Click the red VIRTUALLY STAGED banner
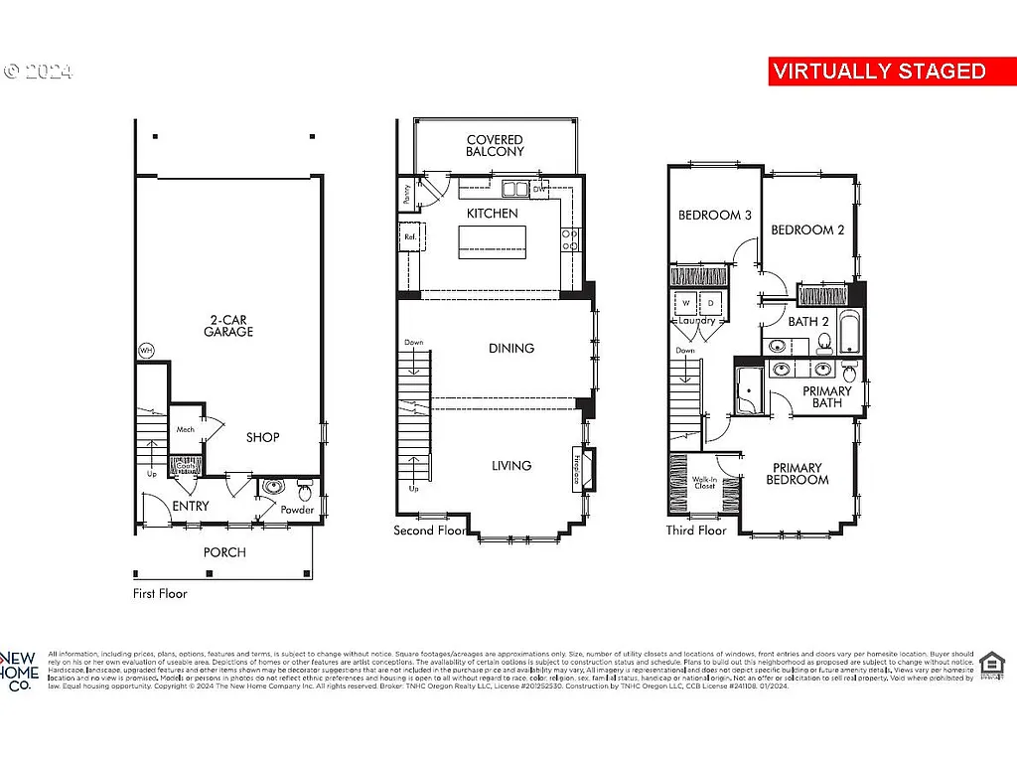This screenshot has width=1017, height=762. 879,72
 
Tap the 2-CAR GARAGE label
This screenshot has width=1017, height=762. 229,326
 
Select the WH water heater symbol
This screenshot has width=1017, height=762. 146,351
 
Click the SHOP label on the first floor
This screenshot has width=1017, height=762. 262,437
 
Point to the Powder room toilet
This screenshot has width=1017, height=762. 305,491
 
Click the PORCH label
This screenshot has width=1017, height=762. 224,552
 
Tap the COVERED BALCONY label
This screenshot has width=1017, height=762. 495,146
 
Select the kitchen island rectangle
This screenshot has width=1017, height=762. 492,241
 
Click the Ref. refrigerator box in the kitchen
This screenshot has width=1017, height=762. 409,237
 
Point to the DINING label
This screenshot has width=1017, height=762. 510,349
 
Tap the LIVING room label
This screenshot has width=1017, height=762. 510,465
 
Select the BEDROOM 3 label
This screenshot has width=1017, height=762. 714,216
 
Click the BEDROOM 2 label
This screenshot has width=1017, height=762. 807,230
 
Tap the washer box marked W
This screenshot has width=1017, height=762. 686,303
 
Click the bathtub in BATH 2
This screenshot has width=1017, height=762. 851,334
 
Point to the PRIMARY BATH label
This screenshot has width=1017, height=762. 827,397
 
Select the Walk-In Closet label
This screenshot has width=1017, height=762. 704,483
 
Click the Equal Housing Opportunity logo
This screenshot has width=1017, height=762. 991,666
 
